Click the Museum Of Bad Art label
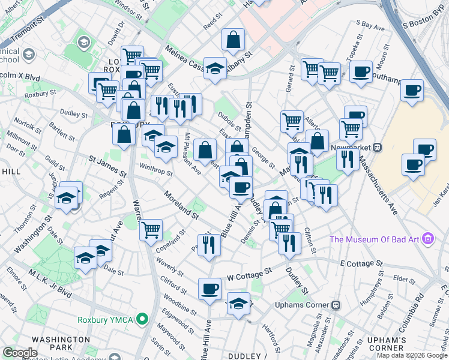pyautogui.click(x=376, y=240)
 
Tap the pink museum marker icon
pyautogui.click(x=428, y=239)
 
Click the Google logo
pyautogui.click(x=20, y=353)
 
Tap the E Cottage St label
pyautogui.click(x=361, y=263)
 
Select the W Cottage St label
pyautogui.click(x=246, y=275)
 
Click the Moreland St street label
pyautogui.click(x=182, y=205)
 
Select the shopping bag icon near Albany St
pyautogui.click(x=233, y=40)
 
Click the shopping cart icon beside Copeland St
pyautogui.click(x=151, y=230)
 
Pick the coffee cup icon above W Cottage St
pyautogui.click(x=210, y=289)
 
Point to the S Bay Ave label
pyautogui.click(x=370, y=25)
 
